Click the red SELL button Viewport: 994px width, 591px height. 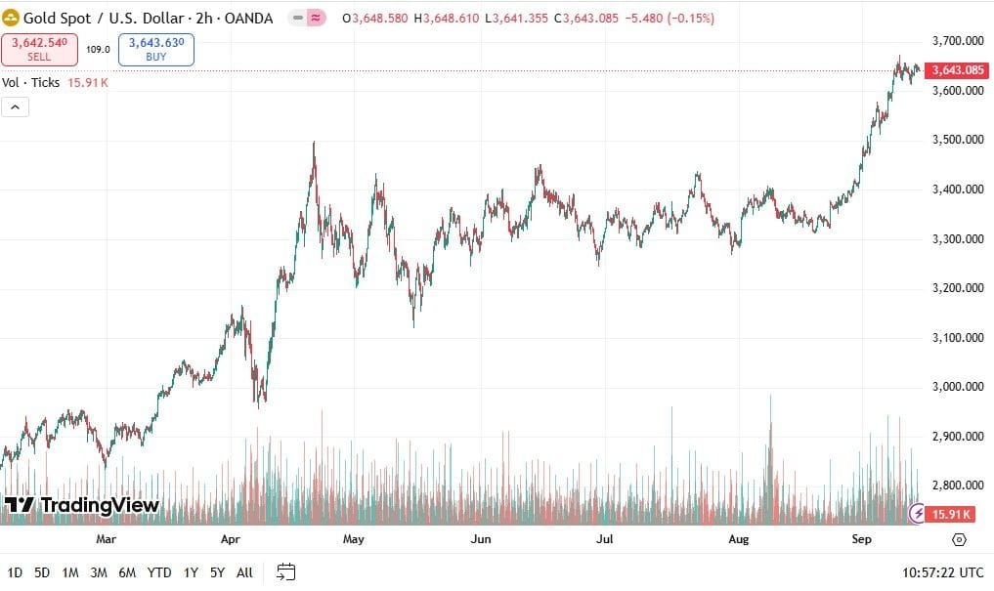[x=39, y=49]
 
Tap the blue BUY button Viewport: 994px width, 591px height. [x=156, y=49]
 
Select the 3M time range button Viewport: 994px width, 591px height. [x=98, y=572]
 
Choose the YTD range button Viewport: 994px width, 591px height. [x=159, y=572]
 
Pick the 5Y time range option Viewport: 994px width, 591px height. [x=216, y=572]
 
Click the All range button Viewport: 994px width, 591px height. [x=244, y=572]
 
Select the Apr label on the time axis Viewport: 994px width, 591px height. [x=231, y=539]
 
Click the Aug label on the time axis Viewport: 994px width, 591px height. [x=739, y=539]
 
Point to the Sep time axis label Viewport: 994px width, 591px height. [x=862, y=539]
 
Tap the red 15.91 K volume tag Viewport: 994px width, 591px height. [x=950, y=514]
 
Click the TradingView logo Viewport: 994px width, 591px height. [x=82, y=505]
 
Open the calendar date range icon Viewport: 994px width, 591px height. [x=285, y=571]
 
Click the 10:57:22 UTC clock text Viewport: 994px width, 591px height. [x=943, y=572]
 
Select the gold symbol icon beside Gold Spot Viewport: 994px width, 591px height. [x=12, y=19]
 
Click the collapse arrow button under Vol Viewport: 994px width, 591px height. [x=15, y=107]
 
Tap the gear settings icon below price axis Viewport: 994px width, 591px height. [x=959, y=539]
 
